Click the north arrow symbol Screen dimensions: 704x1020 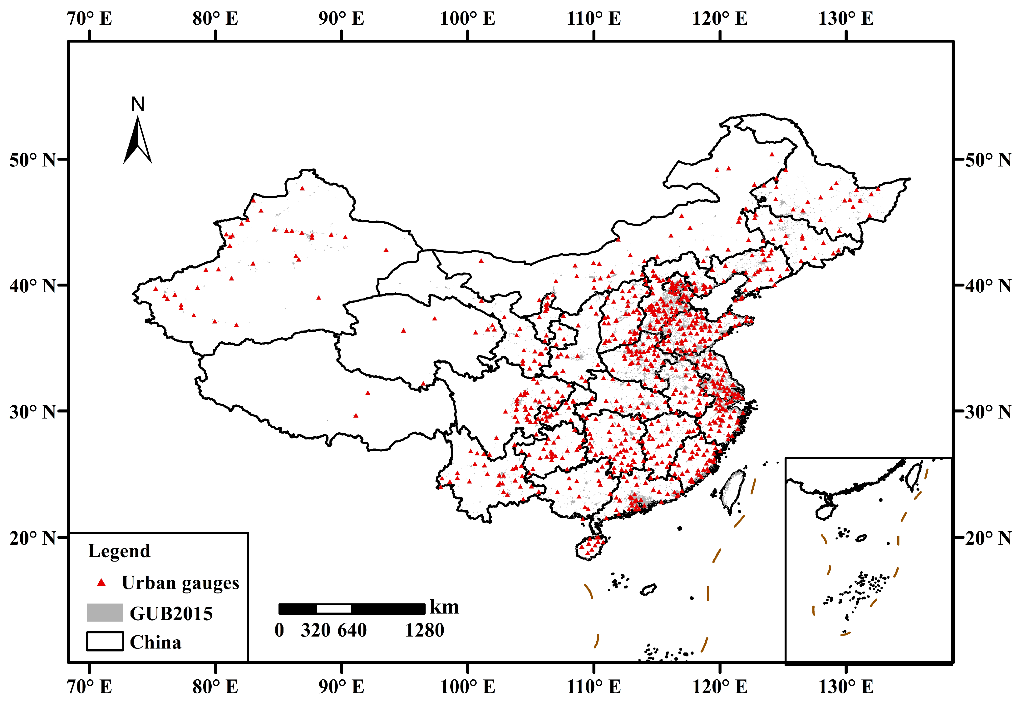click(137, 141)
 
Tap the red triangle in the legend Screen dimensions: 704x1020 click(101, 583)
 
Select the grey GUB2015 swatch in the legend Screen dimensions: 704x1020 click(105, 613)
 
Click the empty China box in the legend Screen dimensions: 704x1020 click(105, 641)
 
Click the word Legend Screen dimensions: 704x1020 click(119, 551)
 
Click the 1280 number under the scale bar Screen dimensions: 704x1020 click(425, 630)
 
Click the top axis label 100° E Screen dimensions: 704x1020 click(467, 18)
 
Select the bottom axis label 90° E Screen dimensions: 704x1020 click(341, 687)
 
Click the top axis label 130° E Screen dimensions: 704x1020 click(845, 18)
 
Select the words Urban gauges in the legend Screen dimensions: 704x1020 click(180, 583)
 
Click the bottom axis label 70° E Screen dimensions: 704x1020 click(90, 687)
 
